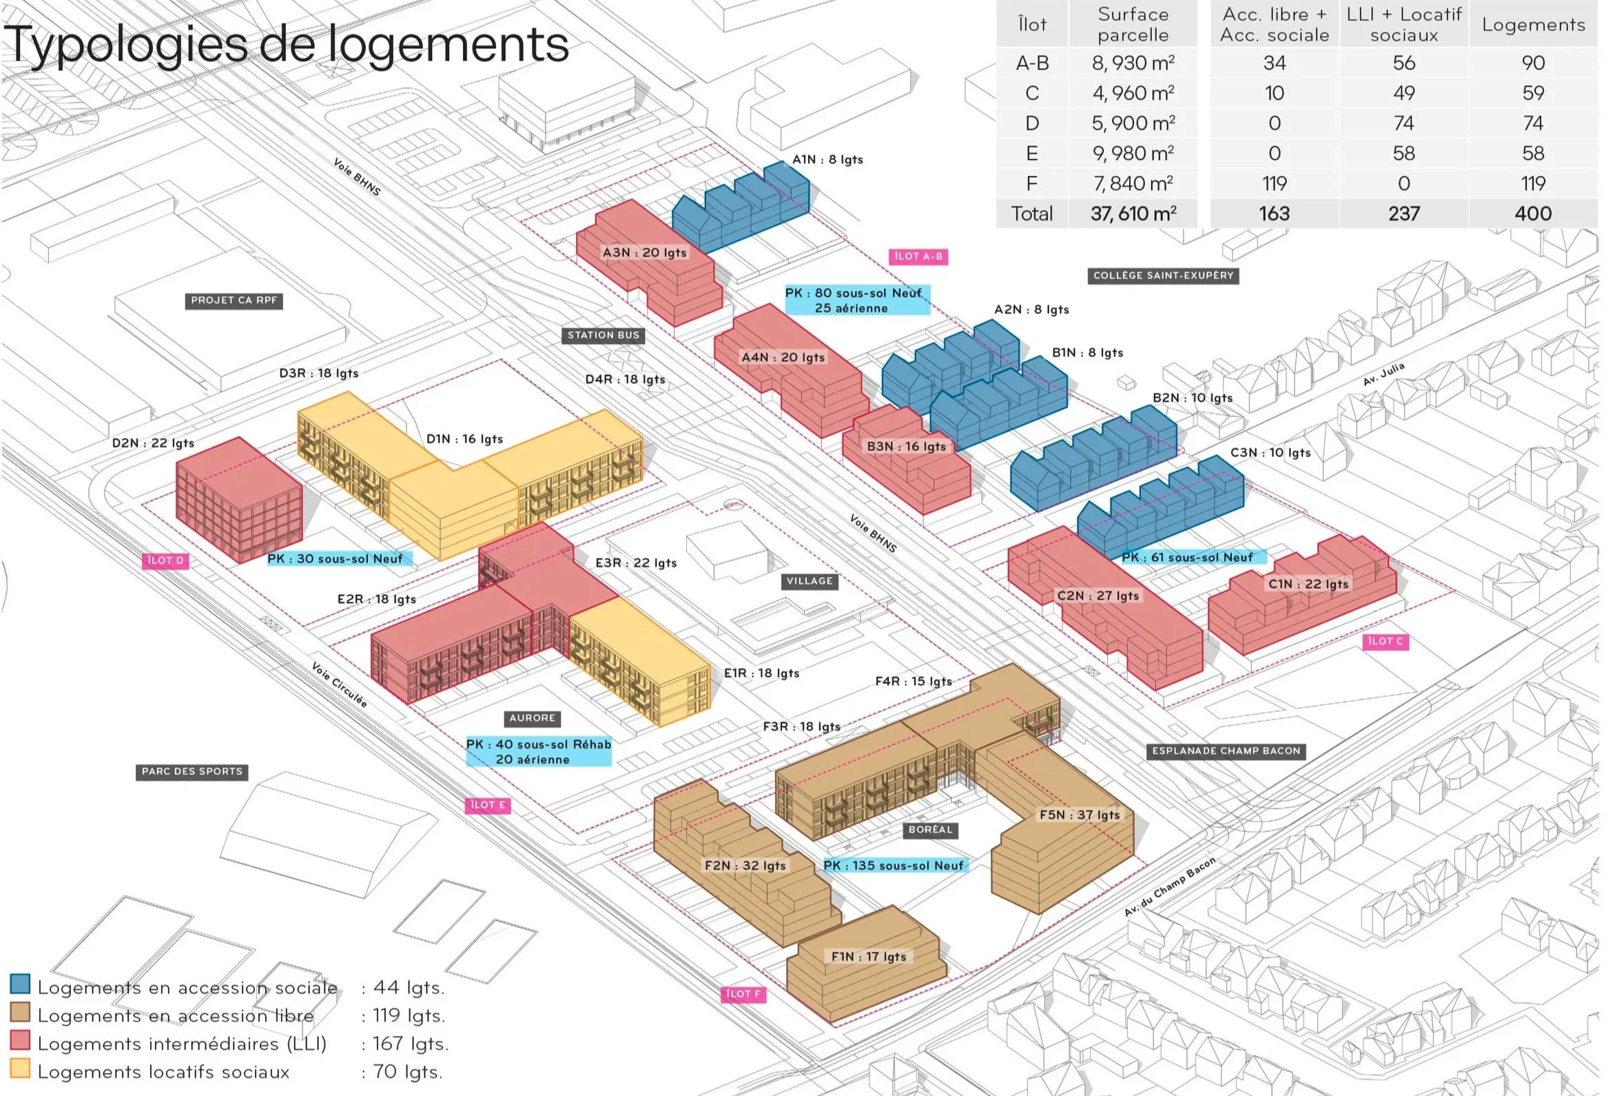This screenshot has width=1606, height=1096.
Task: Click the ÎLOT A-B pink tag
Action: [x=918, y=256]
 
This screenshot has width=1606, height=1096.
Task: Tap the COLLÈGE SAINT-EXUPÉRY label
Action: [x=1163, y=276]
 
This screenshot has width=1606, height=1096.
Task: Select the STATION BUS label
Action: [x=604, y=336]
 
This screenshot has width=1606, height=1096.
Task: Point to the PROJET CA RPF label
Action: [x=234, y=301]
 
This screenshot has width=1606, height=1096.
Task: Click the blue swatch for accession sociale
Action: [x=20, y=984]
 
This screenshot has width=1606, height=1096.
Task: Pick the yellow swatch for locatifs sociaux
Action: [x=20, y=1069]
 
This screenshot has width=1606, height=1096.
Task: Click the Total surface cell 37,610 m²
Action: [x=1133, y=214]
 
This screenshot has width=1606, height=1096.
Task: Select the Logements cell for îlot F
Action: [x=1533, y=183]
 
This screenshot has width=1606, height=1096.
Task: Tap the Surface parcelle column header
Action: [x=1133, y=24]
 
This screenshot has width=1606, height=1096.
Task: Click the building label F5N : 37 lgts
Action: [x=1080, y=815]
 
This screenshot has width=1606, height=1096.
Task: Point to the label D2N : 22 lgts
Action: [x=153, y=443]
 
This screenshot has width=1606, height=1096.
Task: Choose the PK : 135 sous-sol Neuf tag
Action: [x=894, y=866]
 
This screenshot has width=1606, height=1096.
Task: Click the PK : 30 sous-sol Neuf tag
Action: [x=335, y=559]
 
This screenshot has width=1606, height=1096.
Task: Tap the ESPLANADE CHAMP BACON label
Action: [x=1226, y=751]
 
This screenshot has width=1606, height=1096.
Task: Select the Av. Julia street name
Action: [x=1384, y=374]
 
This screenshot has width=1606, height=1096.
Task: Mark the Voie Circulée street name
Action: [x=338, y=684]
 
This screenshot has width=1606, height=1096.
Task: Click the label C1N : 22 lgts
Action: [x=1308, y=585]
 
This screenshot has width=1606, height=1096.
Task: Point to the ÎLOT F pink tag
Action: [x=743, y=995]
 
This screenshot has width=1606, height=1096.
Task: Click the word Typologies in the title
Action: [x=125, y=45]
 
